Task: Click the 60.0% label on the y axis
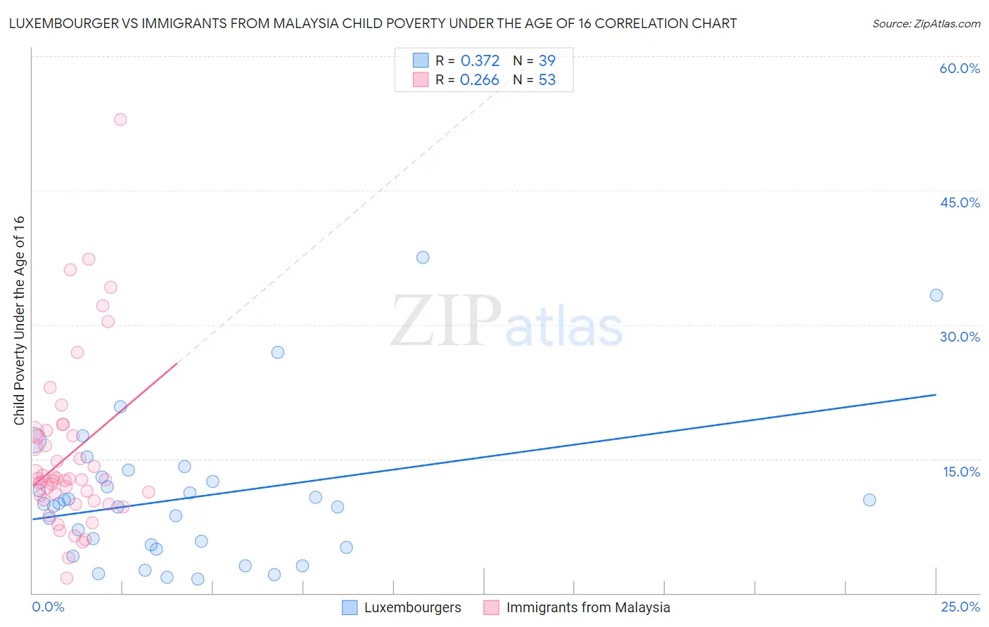click(x=959, y=68)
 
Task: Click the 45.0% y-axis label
click(x=959, y=202)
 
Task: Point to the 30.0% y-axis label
click(x=959, y=337)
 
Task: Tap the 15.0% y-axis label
click(x=961, y=472)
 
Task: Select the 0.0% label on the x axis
click(x=48, y=607)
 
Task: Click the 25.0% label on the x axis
click(x=960, y=607)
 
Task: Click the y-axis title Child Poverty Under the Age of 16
click(x=19, y=320)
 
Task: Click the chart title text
click(x=373, y=23)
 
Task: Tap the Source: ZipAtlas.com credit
click(x=926, y=23)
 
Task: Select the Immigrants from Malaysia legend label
click(x=587, y=607)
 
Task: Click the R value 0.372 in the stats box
click(x=480, y=60)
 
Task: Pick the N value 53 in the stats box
click(x=547, y=80)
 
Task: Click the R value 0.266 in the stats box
click(x=479, y=80)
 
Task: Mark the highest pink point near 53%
click(x=120, y=119)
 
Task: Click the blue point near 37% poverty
click(x=423, y=257)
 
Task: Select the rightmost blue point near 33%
click(x=936, y=295)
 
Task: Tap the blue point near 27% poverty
click(x=278, y=352)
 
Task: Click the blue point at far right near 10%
click(x=869, y=500)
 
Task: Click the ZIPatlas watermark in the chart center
click(x=506, y=322)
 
